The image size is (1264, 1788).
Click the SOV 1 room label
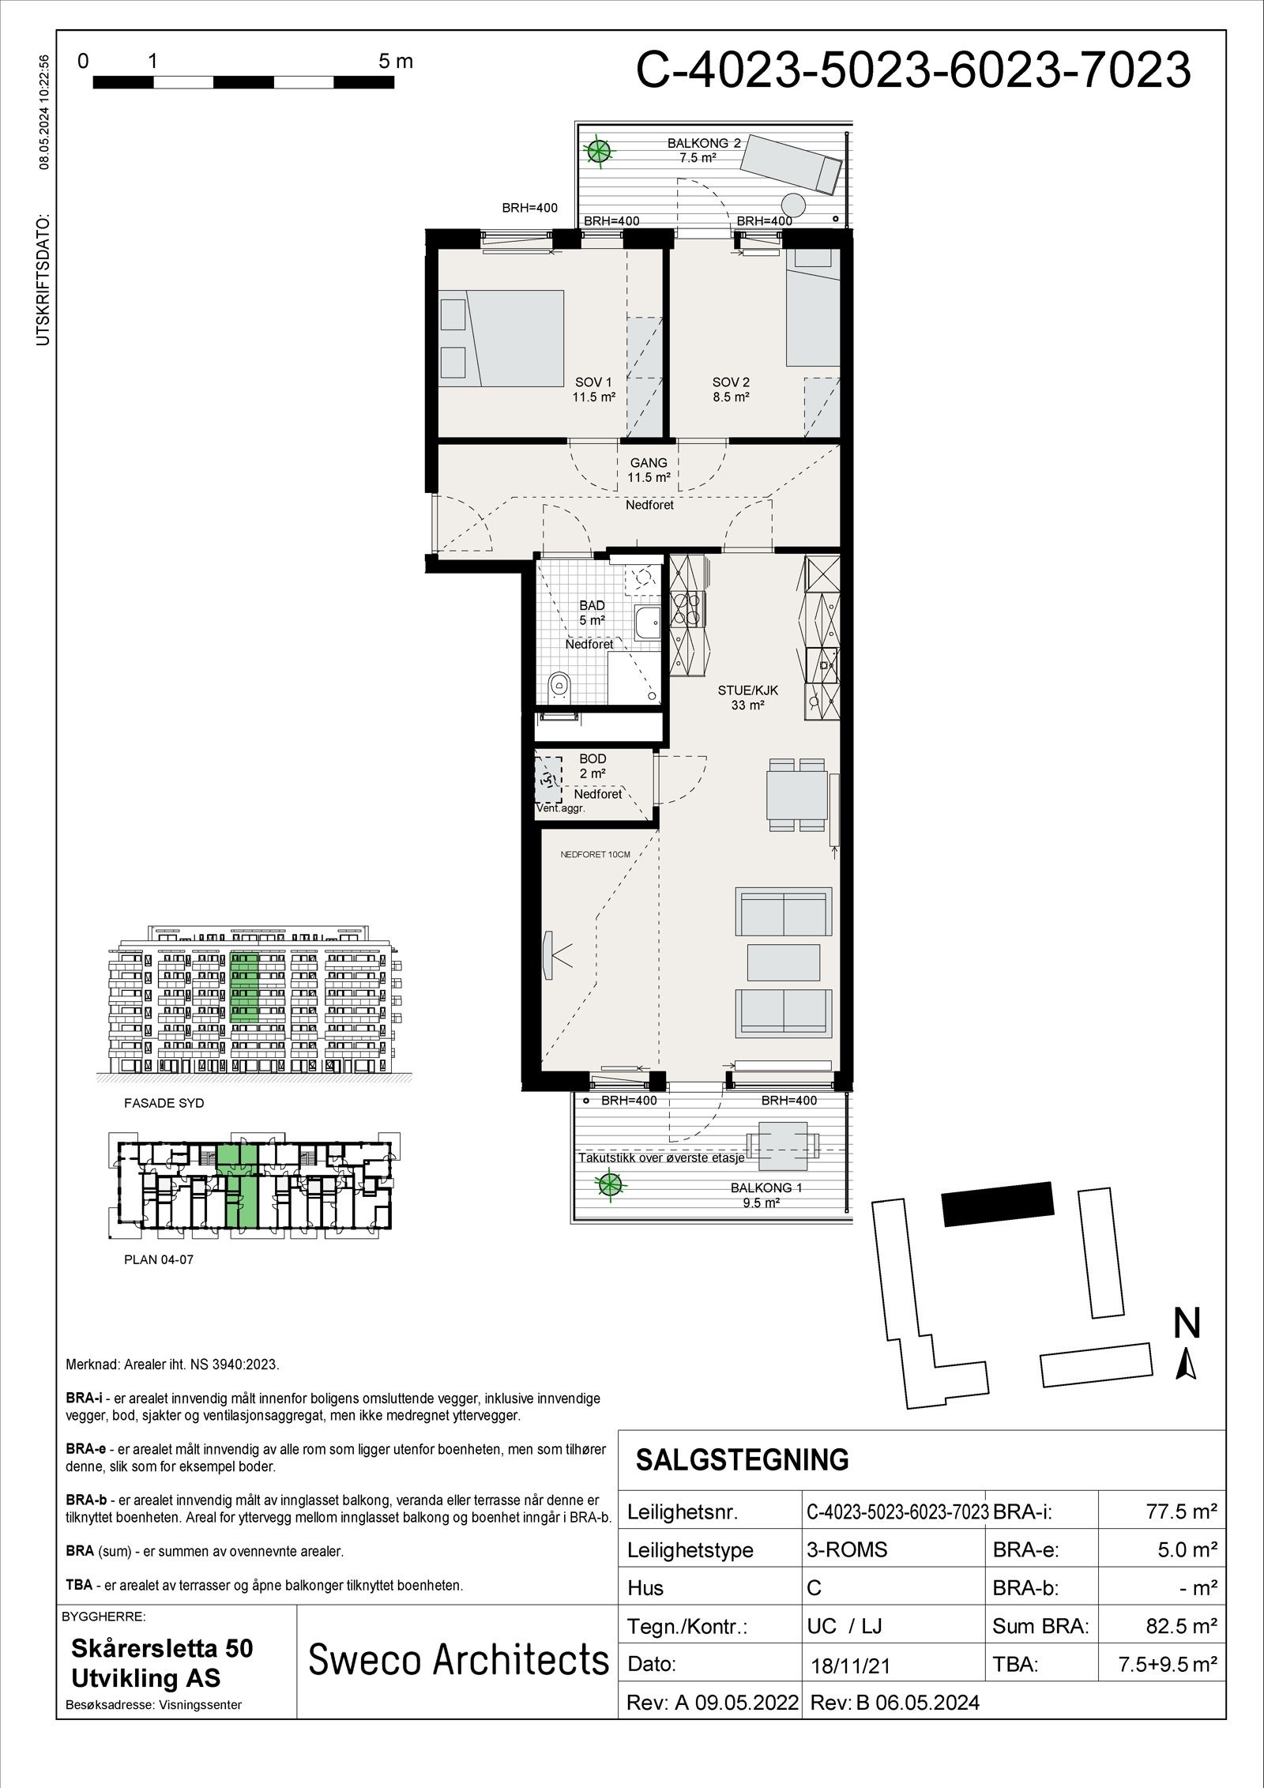pos(593,390)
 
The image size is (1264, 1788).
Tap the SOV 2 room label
pos(730,390)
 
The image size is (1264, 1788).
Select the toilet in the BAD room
pos(560,683)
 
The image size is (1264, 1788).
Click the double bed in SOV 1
pos(513,337)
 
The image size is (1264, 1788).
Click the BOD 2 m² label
pos(592,766)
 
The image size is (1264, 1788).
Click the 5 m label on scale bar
pos(396,62)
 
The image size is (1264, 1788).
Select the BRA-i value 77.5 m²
pos(1180,1512)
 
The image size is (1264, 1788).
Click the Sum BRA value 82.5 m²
pos(1180,1626)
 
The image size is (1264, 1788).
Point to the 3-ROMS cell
pos(847,1549)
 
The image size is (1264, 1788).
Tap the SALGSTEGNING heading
pos(742,1459)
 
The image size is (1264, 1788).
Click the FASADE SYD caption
pos(164,1103)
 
